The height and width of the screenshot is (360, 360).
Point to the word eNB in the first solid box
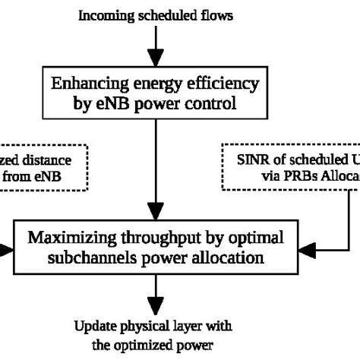pyautogui.click(x=123, y=103)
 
